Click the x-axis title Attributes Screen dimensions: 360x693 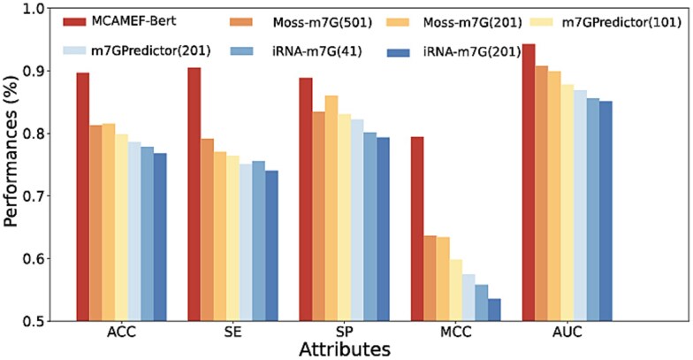(x=343, y=349)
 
